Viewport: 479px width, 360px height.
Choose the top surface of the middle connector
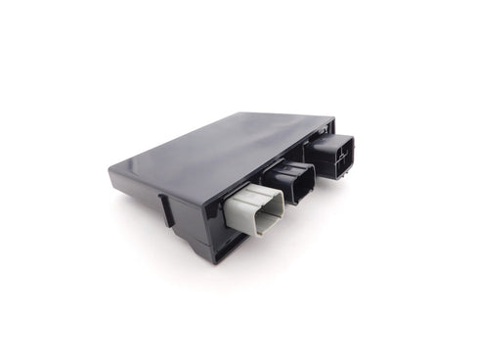coord(285,167)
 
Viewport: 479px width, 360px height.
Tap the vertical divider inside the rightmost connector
coord(341,157)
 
